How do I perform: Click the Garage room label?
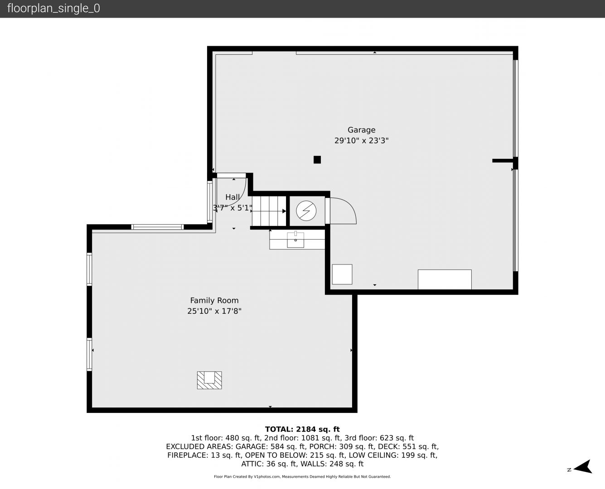[361, 130]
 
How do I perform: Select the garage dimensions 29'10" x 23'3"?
[361, 140]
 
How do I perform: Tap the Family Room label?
[214, 300]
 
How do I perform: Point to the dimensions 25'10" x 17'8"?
[214, 311]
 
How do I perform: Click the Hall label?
[232, 197]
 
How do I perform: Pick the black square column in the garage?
[317, 160]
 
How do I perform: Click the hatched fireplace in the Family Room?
[209, 380]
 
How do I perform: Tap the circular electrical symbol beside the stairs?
[306, 211]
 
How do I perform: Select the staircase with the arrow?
[269, 211]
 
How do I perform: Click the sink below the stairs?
[295, 240]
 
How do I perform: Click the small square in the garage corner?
[342, 274]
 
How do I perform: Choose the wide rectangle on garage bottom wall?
[445, 279]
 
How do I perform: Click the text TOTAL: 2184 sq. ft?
[302, 429]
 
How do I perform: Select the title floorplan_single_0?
[53, 9]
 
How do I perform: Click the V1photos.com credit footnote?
[302, 477]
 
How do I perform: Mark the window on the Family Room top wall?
[157, 227]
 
